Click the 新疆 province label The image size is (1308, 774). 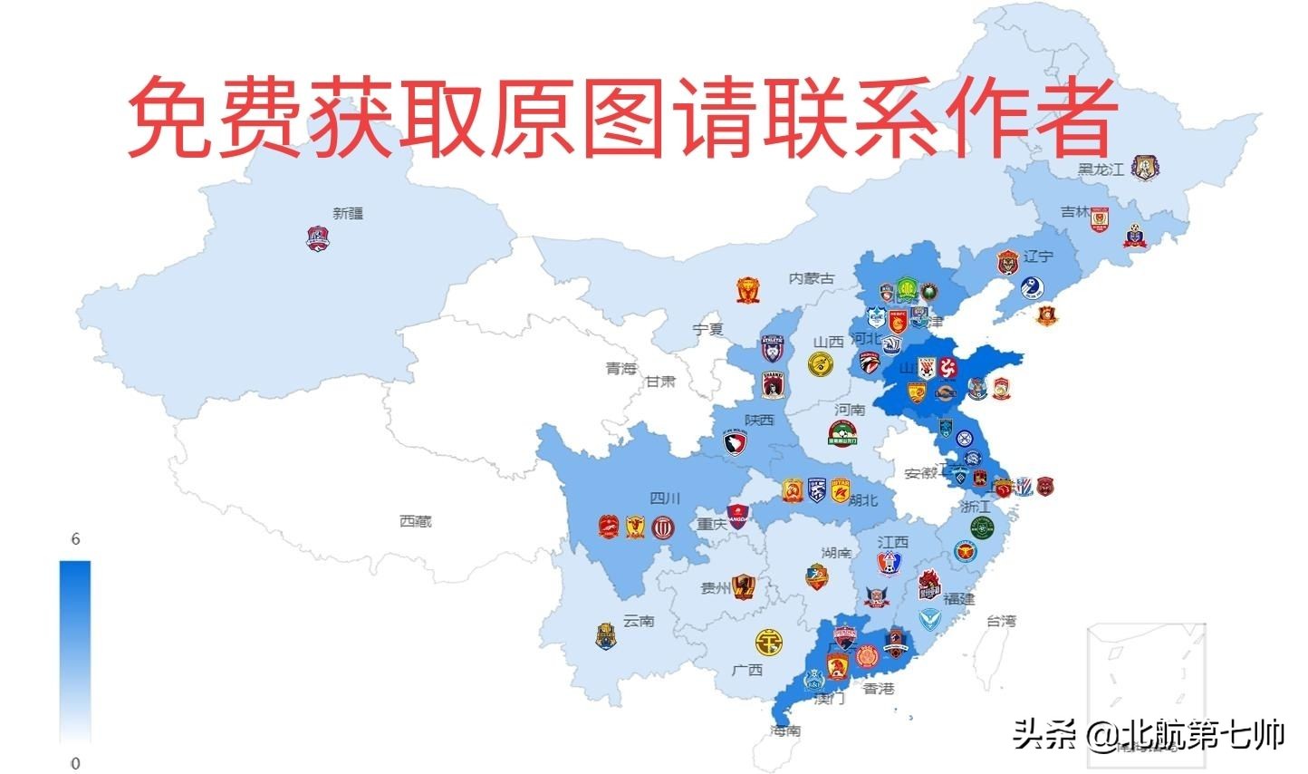click(348, 214)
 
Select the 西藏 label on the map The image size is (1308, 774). click(416, 522)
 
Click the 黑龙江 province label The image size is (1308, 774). click(1100, 169)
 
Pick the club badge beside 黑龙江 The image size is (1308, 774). click(1145, 168)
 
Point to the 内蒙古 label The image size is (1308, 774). click(811, 278)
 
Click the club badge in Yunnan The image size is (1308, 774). click(605, 635)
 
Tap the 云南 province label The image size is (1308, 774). click(639, 622)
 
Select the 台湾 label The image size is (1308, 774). click(1001, 621)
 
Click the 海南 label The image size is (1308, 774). click(785, 730)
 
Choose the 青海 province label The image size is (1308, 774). click(621, 369)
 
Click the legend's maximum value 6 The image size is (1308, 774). click(76, 539)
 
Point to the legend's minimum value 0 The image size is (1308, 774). click(76, 763)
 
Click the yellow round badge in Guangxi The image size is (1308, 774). click(769, 643)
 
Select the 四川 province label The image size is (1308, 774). click(666, 498)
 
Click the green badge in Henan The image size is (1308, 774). click(843, 435)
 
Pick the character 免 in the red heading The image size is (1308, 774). click(168, 116)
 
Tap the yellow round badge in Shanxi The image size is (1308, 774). click(822, 364)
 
